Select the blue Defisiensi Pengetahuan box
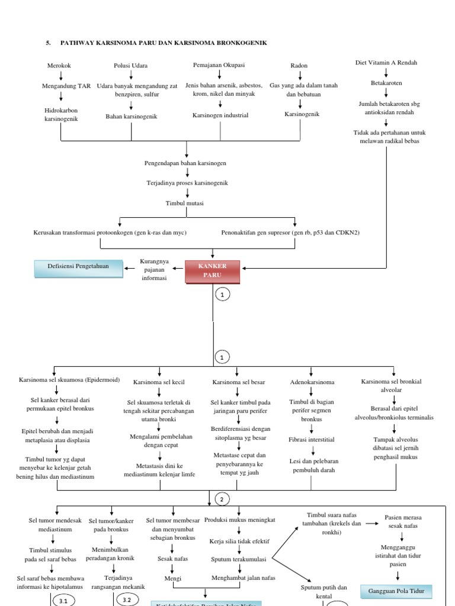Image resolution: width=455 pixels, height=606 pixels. pos(78,267)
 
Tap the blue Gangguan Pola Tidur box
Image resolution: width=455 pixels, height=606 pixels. pos(400,591)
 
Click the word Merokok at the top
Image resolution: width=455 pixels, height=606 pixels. pos(59,66)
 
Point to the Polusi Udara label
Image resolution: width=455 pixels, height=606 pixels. pos(131,66)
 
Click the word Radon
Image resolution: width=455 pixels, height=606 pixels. pos(299,66)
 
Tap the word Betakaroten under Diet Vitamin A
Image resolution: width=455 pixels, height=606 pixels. pos(386,83)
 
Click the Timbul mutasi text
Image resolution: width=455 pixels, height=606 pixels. pos(184,203)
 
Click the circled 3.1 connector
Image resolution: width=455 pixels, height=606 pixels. pos(61,601)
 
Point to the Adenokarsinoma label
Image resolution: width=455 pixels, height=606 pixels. pos(312,382)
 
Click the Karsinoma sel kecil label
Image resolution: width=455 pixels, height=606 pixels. pos(159,382)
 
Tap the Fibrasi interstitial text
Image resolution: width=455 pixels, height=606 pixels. pos(312,440)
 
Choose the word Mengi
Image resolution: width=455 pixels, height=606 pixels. pos(173,578)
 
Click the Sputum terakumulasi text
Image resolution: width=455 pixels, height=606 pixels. pos(238,559)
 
